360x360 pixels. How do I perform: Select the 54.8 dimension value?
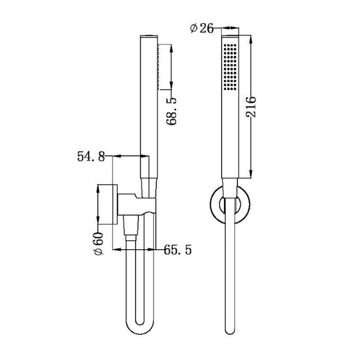click(91, 157)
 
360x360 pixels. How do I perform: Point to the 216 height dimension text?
click(251, 106)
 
